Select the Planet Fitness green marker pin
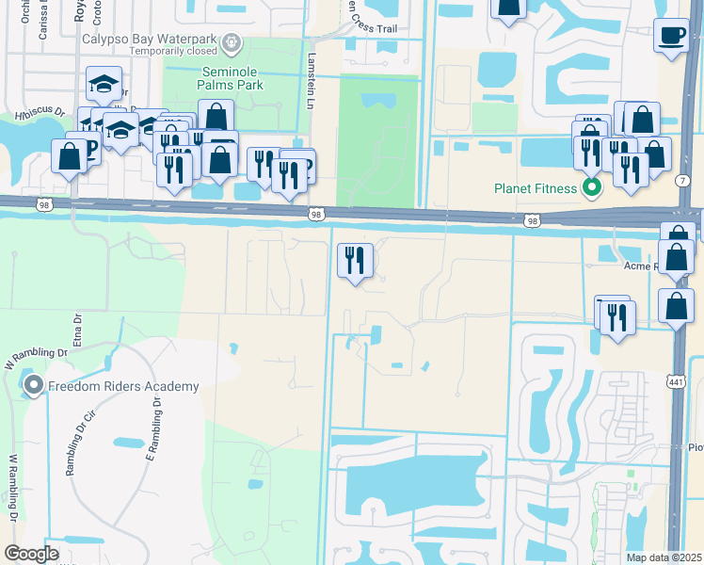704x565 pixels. [x=592, y=187]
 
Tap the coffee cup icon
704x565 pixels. [x=671, y=36]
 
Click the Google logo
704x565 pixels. [x=31, y=554]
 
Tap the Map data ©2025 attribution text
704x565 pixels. [x=664, y=557]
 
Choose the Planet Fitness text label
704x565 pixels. [x=536, y=188]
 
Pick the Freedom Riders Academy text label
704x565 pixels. [x=123, y=386]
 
